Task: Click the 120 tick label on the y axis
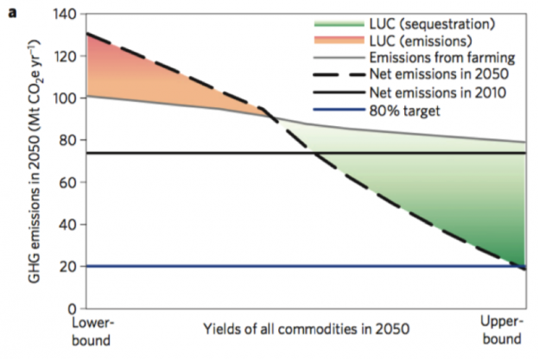[x=67, y=56]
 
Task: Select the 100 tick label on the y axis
[x=67, y=98]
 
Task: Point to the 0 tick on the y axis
[x=73, y=307]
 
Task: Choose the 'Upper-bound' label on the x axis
[x=500, y=329]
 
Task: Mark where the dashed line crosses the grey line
[x=269, y=116]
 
